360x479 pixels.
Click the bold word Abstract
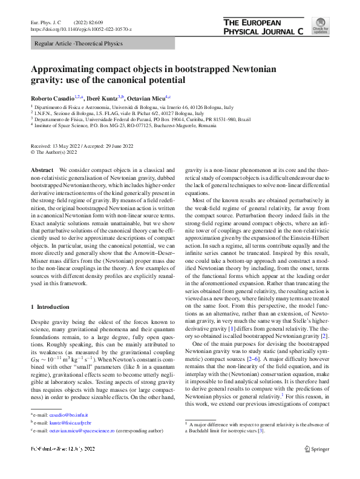42,171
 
